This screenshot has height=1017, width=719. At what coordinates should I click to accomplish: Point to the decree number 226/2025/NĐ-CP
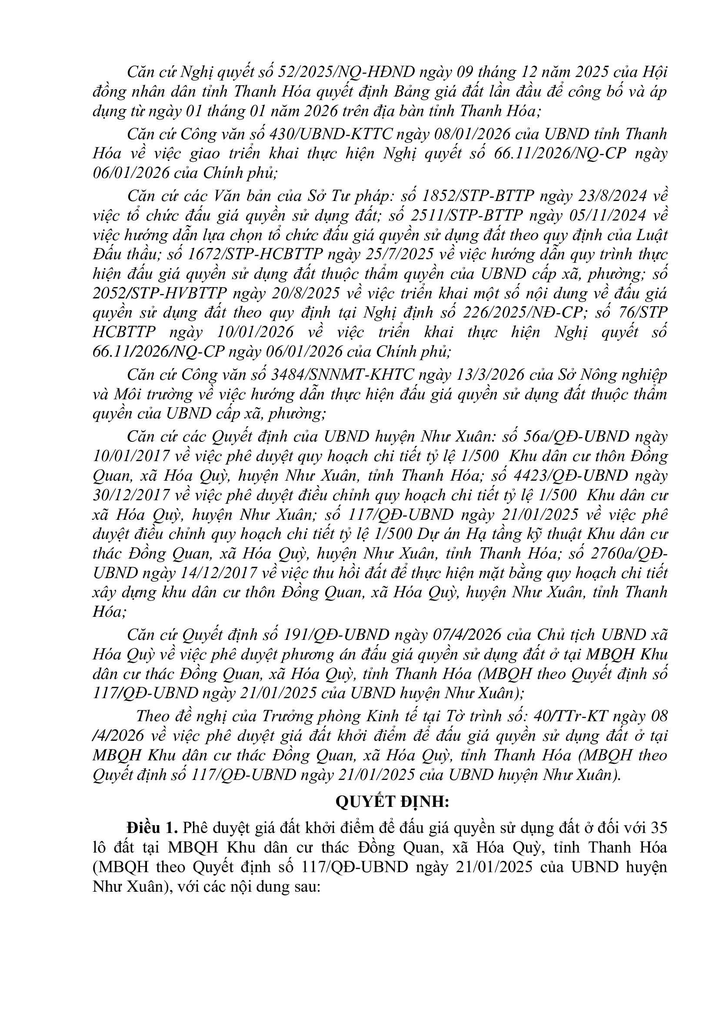click(x=522, y=313)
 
